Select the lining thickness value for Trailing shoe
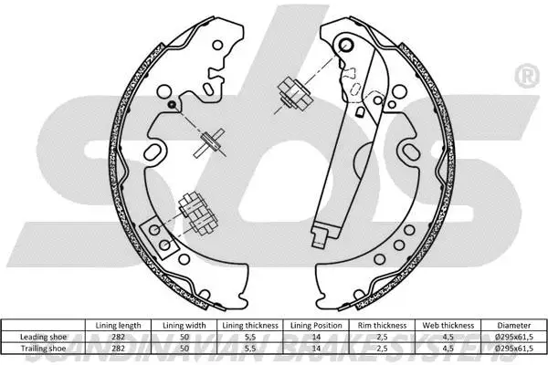(x=248, y=348)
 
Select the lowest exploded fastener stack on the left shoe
(x=194, y=210)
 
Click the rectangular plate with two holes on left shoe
(x=162, y=234)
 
